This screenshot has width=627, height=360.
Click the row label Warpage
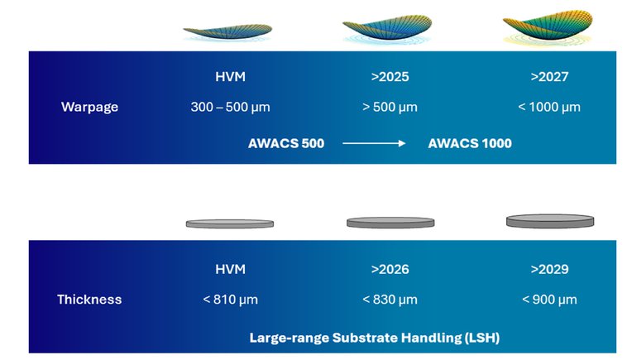point(89,107)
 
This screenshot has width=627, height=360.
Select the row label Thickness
point(89,300)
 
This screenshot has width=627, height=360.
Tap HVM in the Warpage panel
point(230,76)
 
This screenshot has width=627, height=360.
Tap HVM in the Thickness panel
point(230,269)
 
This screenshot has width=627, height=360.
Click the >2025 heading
point(390,76)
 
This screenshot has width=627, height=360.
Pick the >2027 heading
point(549,76)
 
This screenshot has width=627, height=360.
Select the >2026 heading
point(390,269)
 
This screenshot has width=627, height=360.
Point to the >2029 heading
point(549,269)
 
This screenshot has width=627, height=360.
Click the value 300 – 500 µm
point(230,107)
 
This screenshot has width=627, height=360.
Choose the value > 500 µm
point(390,107)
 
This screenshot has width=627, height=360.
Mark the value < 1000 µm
point(549,107)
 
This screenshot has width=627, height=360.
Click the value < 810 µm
point(230,300)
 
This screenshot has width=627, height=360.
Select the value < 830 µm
point(390,300)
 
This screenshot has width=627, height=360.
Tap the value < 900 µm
point(549,300)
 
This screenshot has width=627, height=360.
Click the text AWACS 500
point(286,143)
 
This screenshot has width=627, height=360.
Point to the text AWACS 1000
point(470,143)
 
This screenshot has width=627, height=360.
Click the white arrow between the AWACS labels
point(374,143)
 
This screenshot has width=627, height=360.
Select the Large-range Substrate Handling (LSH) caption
point(375,338)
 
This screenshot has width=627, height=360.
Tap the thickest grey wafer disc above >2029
point(550,221)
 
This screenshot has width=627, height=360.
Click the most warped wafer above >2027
point(548,25)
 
